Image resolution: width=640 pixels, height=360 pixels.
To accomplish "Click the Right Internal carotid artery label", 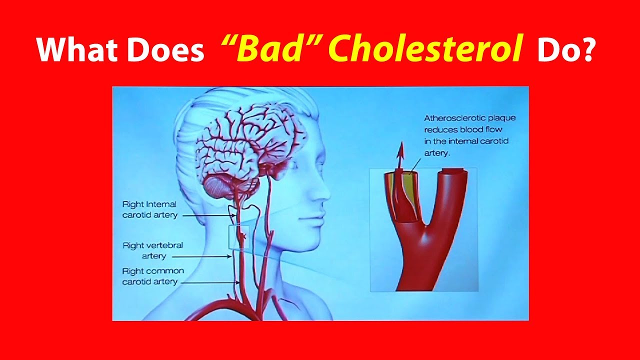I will pos(149,209).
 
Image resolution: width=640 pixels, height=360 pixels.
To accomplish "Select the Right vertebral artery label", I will pos(152,250).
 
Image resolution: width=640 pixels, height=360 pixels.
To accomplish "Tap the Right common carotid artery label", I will pos(153,276).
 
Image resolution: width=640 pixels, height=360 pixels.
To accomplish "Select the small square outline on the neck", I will pos(238,237).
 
